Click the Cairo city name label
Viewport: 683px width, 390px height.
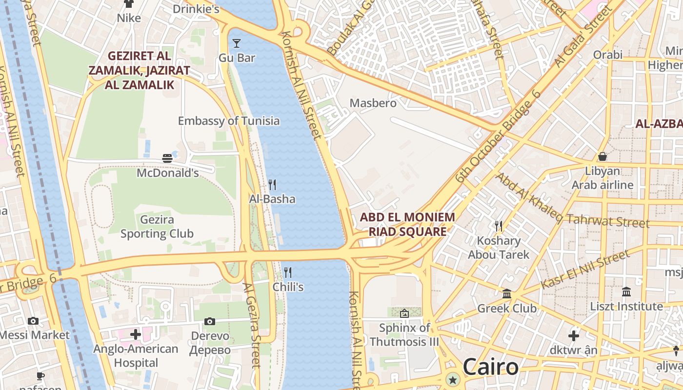coord(490,367)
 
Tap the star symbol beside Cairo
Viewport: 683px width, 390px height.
coord(454,379)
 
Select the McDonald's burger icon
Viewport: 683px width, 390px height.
coord(167,158)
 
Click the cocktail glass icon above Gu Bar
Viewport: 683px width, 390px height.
coord(237,43)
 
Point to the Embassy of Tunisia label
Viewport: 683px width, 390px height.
coord(228,121)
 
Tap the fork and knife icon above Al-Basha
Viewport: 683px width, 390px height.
coord(272,185)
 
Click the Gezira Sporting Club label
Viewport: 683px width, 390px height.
coord(157,227)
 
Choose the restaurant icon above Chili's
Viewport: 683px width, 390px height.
coord(288,273)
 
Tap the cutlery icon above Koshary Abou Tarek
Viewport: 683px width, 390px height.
coord(498,226)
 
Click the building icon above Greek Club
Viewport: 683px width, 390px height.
coord(507,294)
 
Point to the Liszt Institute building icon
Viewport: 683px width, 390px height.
coord(626,292)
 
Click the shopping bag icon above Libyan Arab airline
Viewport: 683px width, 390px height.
coord(603,156)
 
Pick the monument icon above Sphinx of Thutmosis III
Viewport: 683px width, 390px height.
coord(404,313)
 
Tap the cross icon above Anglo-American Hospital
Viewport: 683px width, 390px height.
coord(136,334)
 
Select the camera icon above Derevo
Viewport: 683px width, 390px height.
coord(210,321)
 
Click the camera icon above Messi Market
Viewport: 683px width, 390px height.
coord(33,321)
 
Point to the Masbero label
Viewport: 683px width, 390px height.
coord(373,103)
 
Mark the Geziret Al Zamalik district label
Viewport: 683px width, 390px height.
coord(139,70)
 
